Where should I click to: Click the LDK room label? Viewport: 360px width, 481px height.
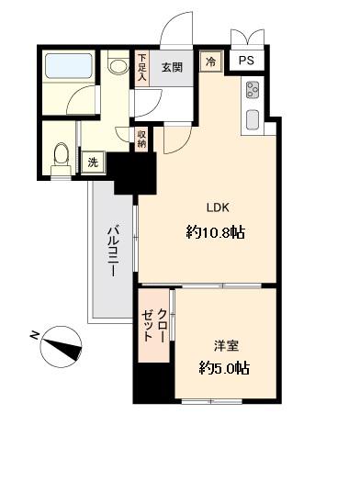(216, 207)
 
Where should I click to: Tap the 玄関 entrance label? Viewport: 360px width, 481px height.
(172, 67)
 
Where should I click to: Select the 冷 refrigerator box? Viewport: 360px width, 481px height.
(209, 62)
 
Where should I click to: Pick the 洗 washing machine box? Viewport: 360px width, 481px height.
(92, 162)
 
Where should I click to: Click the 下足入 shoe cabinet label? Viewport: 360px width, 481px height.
(142, 69)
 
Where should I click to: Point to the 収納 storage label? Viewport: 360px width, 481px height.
(142, 140)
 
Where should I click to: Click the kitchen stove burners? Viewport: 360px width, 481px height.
(253, 90)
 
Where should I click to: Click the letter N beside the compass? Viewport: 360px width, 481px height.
(34, 334)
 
